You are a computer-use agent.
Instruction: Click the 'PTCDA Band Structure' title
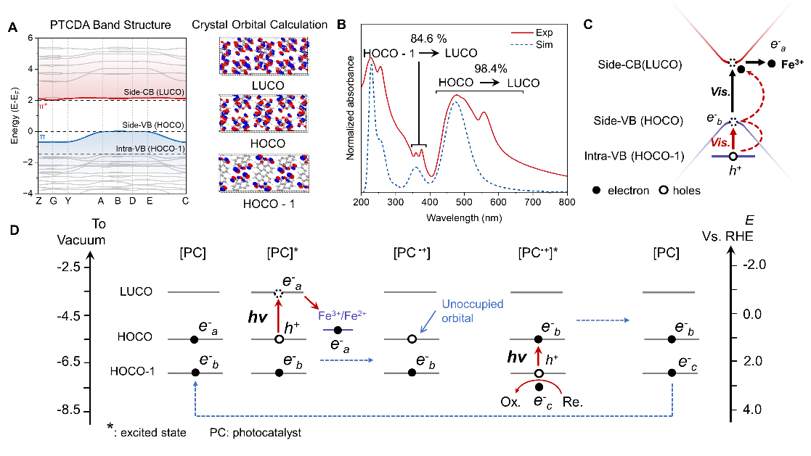pyautogui.click(x=110, y=25)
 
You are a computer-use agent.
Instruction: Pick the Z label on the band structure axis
pyautogui.click(x=38, y=201)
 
